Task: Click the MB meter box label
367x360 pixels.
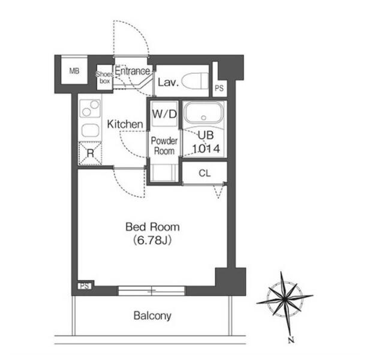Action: tap(74, 71)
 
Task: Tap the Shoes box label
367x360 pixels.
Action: tap(104, 77)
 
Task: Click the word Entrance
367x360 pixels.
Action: tap(133, 71)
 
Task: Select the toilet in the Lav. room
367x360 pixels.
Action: tap(195, 81)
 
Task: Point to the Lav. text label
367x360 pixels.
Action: tap(169, 82)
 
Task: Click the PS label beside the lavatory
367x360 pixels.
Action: tap(219, 88)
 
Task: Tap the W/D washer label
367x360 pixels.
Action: tap(164, 114)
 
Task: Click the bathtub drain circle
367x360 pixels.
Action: tap(203, 118)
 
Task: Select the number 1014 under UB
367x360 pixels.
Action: tap(206, 149)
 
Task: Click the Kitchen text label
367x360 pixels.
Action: tap(125, 124)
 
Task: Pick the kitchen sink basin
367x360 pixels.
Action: tap(90, 131)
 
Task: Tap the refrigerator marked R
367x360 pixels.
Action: tap(90, 153)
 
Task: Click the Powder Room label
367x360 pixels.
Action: tap(164, 146)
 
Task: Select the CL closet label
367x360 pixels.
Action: tap(204, 173)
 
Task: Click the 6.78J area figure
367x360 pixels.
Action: tap(152, 240)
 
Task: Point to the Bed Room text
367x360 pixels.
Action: tap(152, 227)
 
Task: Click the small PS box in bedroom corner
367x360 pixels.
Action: tap(85, 286)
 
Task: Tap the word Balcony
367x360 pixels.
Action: tap(152, 316)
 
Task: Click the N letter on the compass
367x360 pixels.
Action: tap(291, 340)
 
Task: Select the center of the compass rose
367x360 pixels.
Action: tap(284, 299)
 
